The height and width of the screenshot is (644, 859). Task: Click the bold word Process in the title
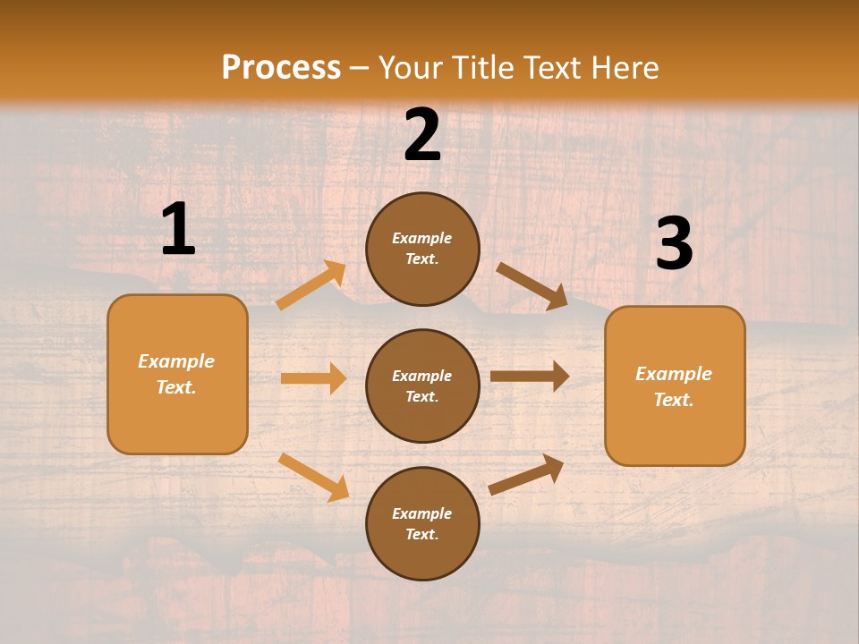tap(281, 68)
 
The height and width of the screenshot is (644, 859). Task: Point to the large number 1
tap(178, 230)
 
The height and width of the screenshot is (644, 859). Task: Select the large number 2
tap(422, 135)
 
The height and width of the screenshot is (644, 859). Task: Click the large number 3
tap(674, 245)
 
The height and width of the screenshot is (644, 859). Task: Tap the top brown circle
tap(422, 250)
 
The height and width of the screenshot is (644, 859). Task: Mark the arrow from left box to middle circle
tap(313, 378)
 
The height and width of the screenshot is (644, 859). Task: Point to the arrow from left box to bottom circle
tap(313, 477)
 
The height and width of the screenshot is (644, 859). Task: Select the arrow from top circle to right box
tap(532, 286)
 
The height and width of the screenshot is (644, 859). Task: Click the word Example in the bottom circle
tap(422, 513)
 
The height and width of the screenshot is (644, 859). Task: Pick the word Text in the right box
tap(673, 400)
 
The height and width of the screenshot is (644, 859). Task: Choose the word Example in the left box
tap(176, 361)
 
